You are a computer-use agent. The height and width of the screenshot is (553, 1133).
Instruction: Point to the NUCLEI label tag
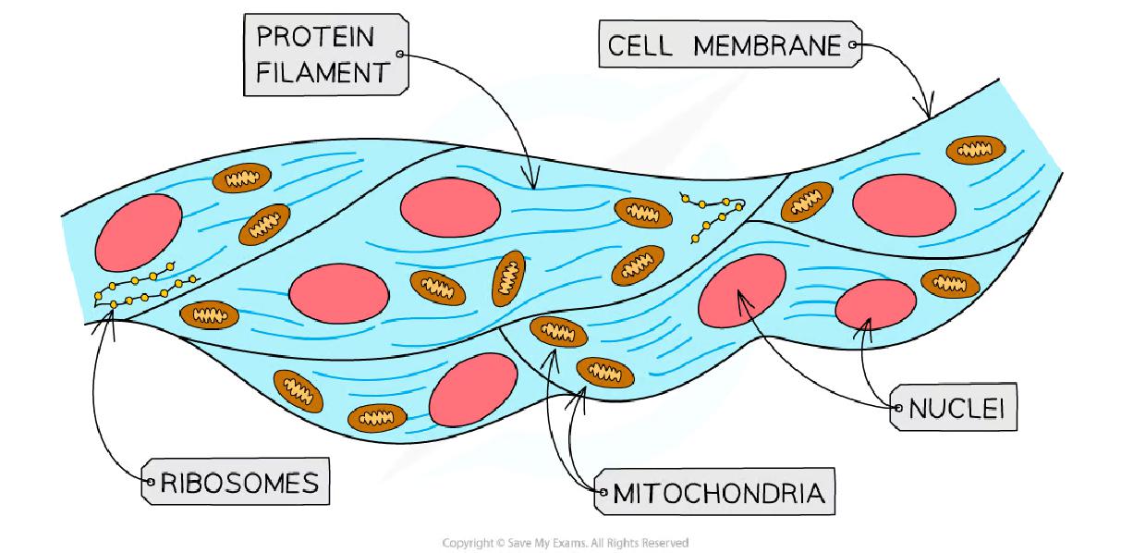[954, 408]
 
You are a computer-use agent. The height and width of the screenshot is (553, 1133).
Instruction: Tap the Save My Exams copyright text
[566, 543]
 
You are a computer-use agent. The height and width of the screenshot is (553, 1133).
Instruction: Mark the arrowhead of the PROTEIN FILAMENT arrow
[531, 181]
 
